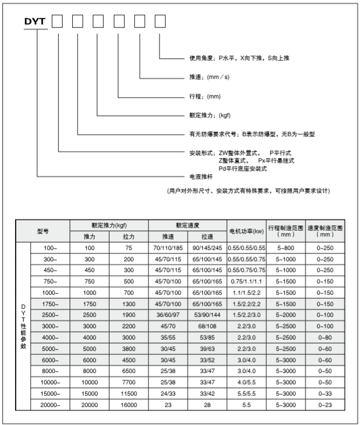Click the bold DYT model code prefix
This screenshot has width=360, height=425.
[36, 22]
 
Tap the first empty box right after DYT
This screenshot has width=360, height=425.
[58, 22]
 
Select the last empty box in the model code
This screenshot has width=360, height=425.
[160, 22]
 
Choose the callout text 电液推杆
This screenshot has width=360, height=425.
[200, 176]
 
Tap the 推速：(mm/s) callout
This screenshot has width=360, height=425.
[210, 78]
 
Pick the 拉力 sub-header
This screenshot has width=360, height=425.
[128, 237]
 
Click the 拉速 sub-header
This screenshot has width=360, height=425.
[207, 237]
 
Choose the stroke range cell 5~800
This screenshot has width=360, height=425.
[286, 248]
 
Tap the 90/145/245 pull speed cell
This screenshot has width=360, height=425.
[207, 248]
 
